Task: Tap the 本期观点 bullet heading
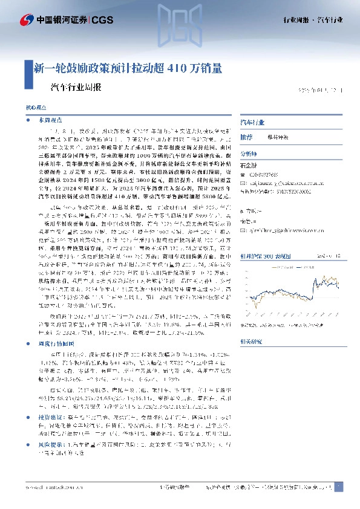coord(48,121)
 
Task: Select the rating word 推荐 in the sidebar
coord(247,137)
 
